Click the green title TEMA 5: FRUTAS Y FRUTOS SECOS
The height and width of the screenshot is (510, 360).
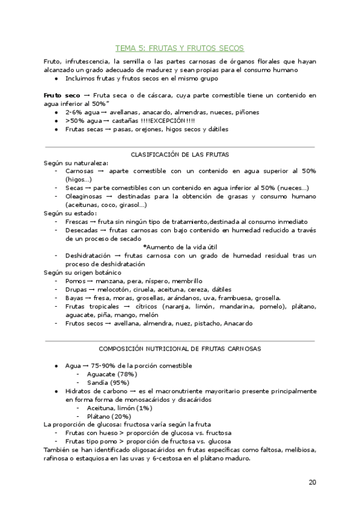coord(180,48)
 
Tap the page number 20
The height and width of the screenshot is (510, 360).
coord(312,482)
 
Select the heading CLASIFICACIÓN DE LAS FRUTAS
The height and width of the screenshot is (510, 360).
coord(180,155)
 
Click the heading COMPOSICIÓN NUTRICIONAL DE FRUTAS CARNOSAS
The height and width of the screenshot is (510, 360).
coord(180,349)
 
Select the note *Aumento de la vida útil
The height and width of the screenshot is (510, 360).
coord(180,247)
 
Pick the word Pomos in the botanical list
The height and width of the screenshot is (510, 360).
coord(75,281)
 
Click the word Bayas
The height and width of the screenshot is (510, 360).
coord(75,298)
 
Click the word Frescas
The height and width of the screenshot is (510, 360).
coord(78,221)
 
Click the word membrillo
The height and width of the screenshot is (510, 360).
coord(186,281)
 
